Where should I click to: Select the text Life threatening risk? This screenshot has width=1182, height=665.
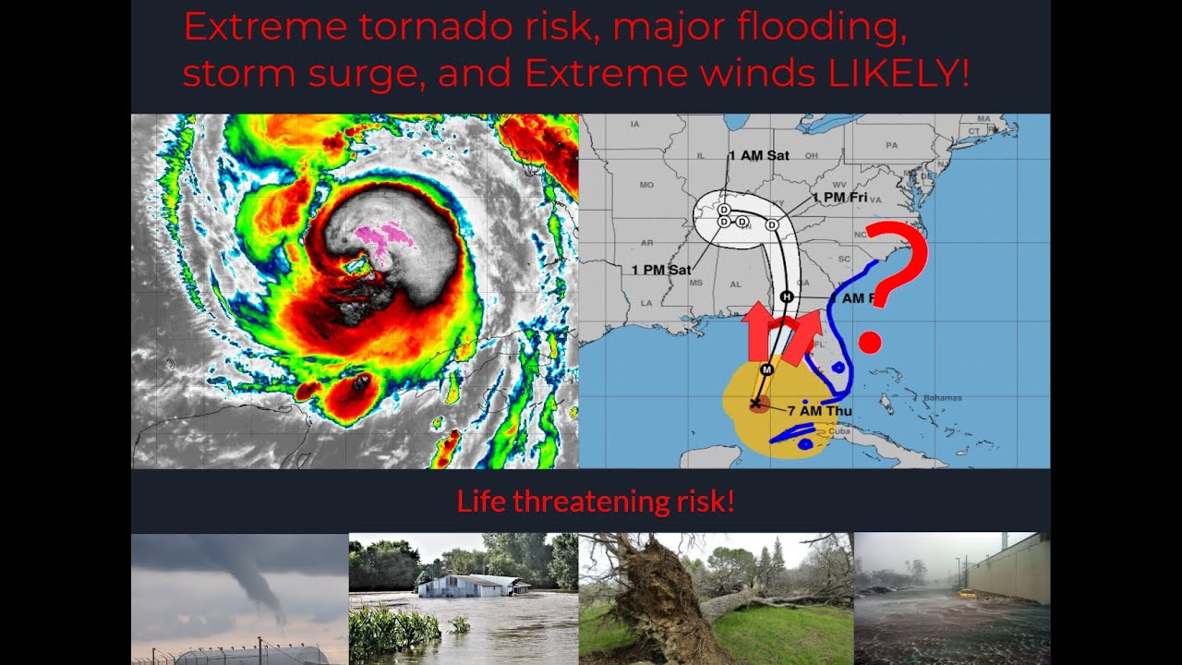pos(596,502)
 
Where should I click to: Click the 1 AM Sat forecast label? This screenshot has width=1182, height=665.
pos(758,155)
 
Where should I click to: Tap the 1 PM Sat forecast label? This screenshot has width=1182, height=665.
pos(661,270)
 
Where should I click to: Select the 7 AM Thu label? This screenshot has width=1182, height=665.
pos(820,411)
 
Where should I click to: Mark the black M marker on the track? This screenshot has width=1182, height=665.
pos(766,369)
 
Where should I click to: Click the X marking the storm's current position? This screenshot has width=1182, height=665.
pos(756,404)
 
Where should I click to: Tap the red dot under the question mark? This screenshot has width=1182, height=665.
pos(870,344)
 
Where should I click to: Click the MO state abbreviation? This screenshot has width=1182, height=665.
pos(646,185)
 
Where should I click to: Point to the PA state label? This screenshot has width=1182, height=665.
pos(891,145)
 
